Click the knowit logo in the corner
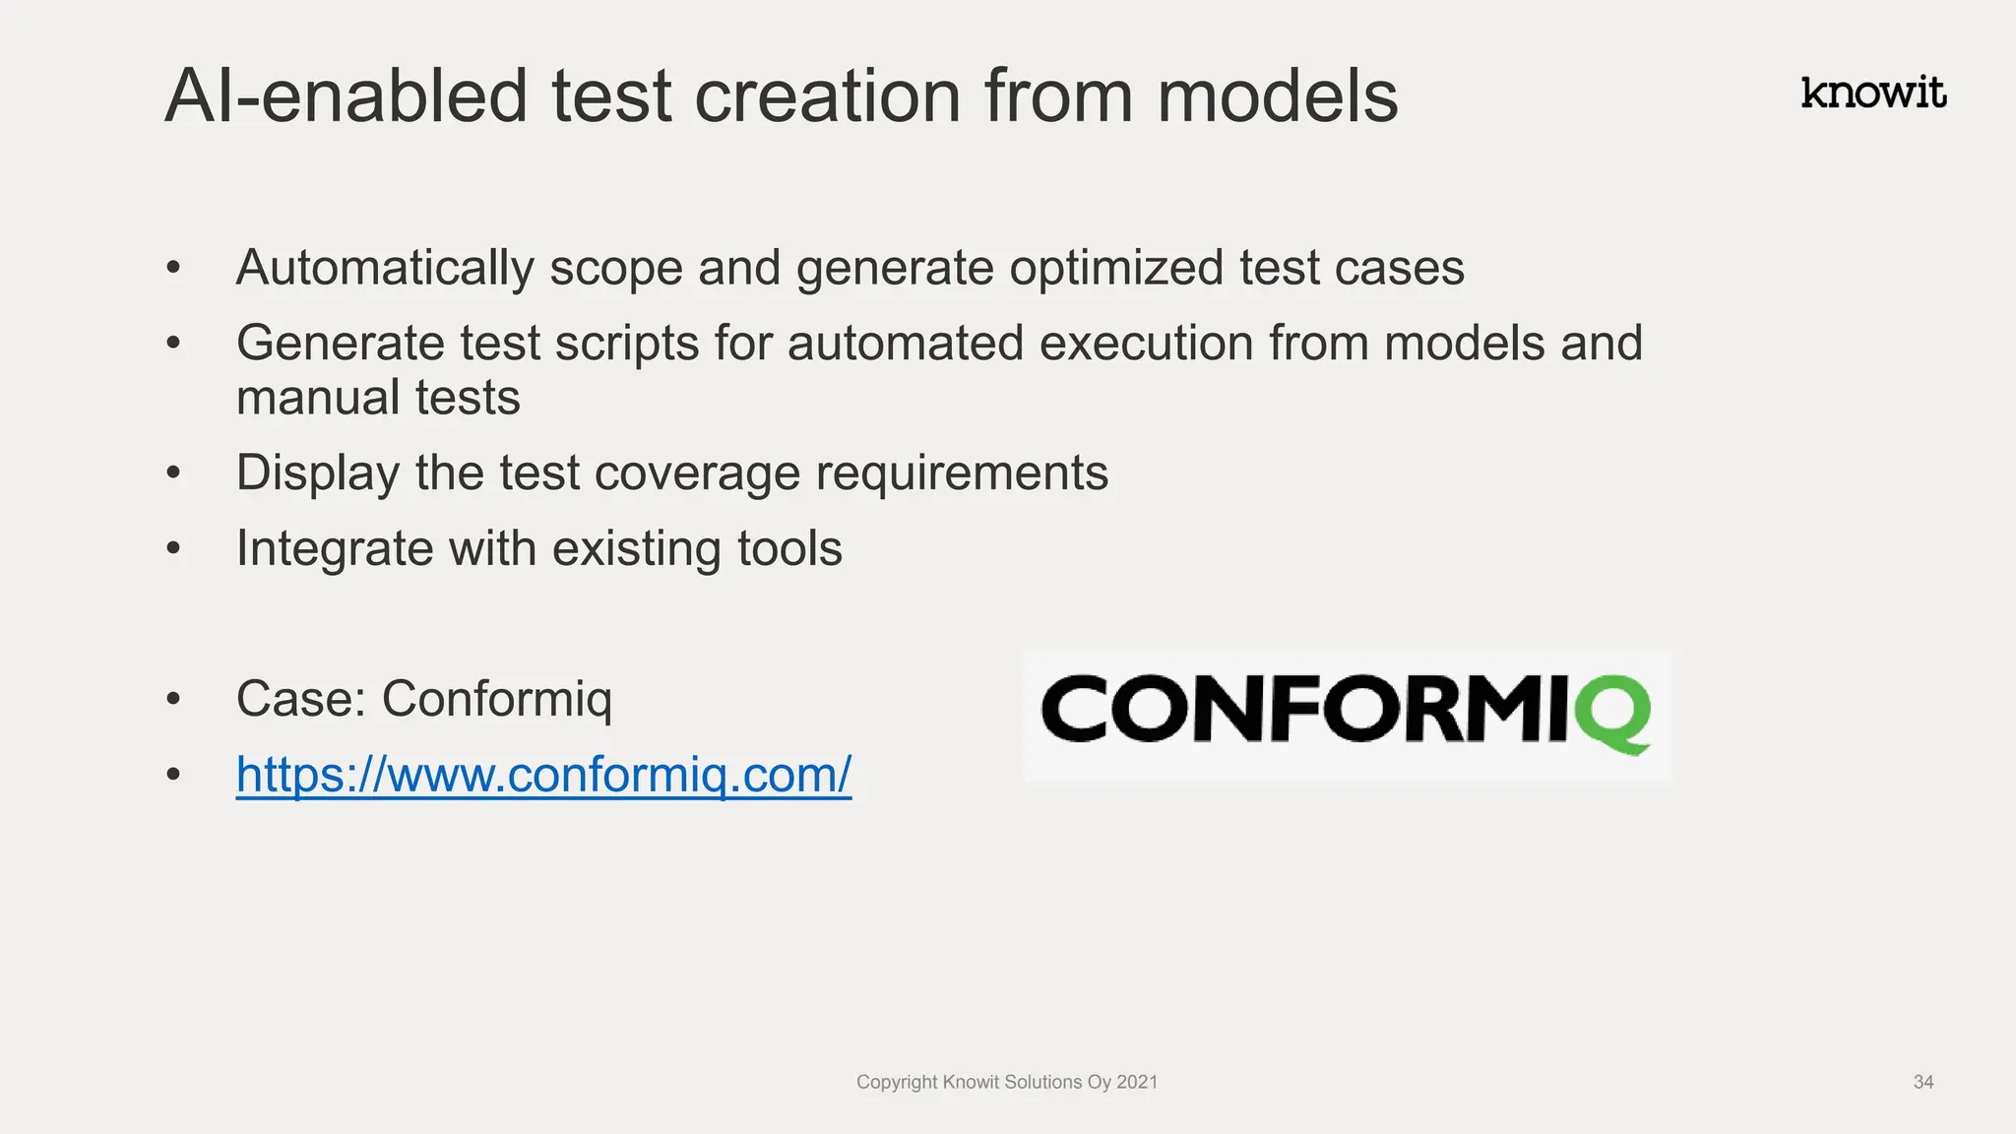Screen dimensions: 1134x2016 click(x=1872, y=93)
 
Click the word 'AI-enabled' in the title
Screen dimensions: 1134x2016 click(x=346, y=96)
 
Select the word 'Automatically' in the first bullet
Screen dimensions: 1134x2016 click(x=384, y=269)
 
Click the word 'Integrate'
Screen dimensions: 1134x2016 click(x=335, y=549)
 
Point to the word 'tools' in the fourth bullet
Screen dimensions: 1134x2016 click(x=789, y=548)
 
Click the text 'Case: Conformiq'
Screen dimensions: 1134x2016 click(x=423, y=700)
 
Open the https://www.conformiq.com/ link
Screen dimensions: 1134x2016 click(x=543, y=775)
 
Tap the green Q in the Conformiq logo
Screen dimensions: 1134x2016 click(x=1611, y=713)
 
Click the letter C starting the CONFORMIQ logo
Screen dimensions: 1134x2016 click(x=1075, y=709)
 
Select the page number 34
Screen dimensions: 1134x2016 click(x=1922, y=1082)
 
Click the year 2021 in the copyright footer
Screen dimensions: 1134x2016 click(x=1137, y=1082)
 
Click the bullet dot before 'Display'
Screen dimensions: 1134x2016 click(x=173, y=473)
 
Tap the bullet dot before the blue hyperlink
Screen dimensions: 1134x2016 click(x=173, y=775)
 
